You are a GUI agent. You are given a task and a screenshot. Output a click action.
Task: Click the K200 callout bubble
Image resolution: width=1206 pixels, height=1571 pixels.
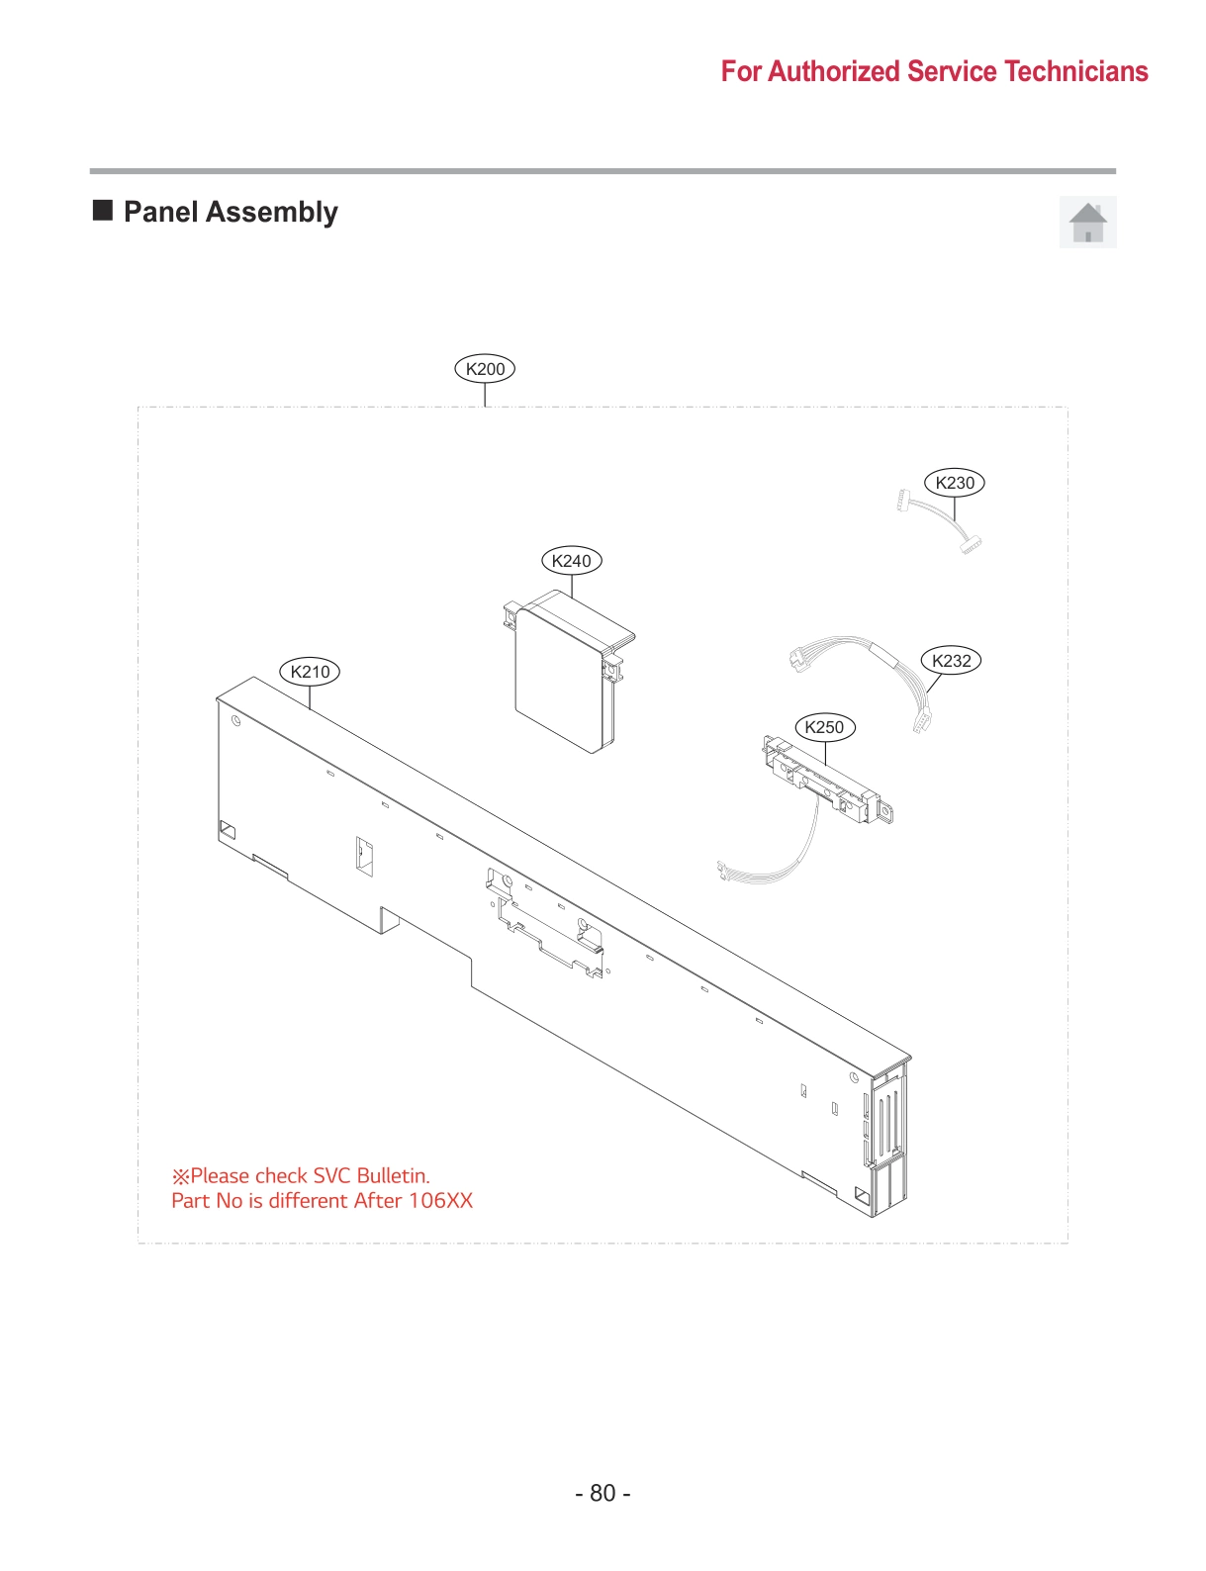tap(485, 369)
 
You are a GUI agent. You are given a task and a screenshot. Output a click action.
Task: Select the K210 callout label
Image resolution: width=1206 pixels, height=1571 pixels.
tap(310, 672)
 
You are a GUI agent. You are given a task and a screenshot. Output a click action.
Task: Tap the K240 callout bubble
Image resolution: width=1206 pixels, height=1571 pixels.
tap(571, 561)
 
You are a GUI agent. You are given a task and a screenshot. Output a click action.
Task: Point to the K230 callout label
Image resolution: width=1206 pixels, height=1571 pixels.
tap(955, 483)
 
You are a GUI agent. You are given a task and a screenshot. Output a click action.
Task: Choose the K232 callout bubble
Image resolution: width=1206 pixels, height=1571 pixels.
tap(951, 661)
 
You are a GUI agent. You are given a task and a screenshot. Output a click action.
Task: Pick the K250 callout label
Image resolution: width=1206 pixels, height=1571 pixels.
tap(824, 727)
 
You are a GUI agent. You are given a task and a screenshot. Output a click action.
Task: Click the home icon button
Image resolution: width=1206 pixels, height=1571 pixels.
tap(1087, 222)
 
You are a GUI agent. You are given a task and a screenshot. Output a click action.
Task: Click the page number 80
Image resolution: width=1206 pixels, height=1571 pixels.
tap(603, 1493)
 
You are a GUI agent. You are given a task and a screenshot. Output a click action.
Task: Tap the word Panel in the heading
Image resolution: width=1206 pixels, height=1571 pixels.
tap(160, 212)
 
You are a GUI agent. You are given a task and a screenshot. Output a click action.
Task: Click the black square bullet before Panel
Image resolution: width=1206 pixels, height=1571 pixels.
tap(103, 210)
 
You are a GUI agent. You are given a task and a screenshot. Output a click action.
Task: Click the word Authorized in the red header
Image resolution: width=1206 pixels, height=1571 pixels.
tap(833, 71)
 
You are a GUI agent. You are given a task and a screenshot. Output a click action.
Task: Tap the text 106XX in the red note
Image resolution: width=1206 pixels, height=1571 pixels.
tap(440, 1200)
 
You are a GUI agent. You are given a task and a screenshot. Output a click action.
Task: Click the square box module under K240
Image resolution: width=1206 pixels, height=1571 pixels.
tap(559, 683)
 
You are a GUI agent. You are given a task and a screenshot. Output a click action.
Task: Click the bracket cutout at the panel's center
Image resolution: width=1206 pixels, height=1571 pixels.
tap(544, 925)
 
